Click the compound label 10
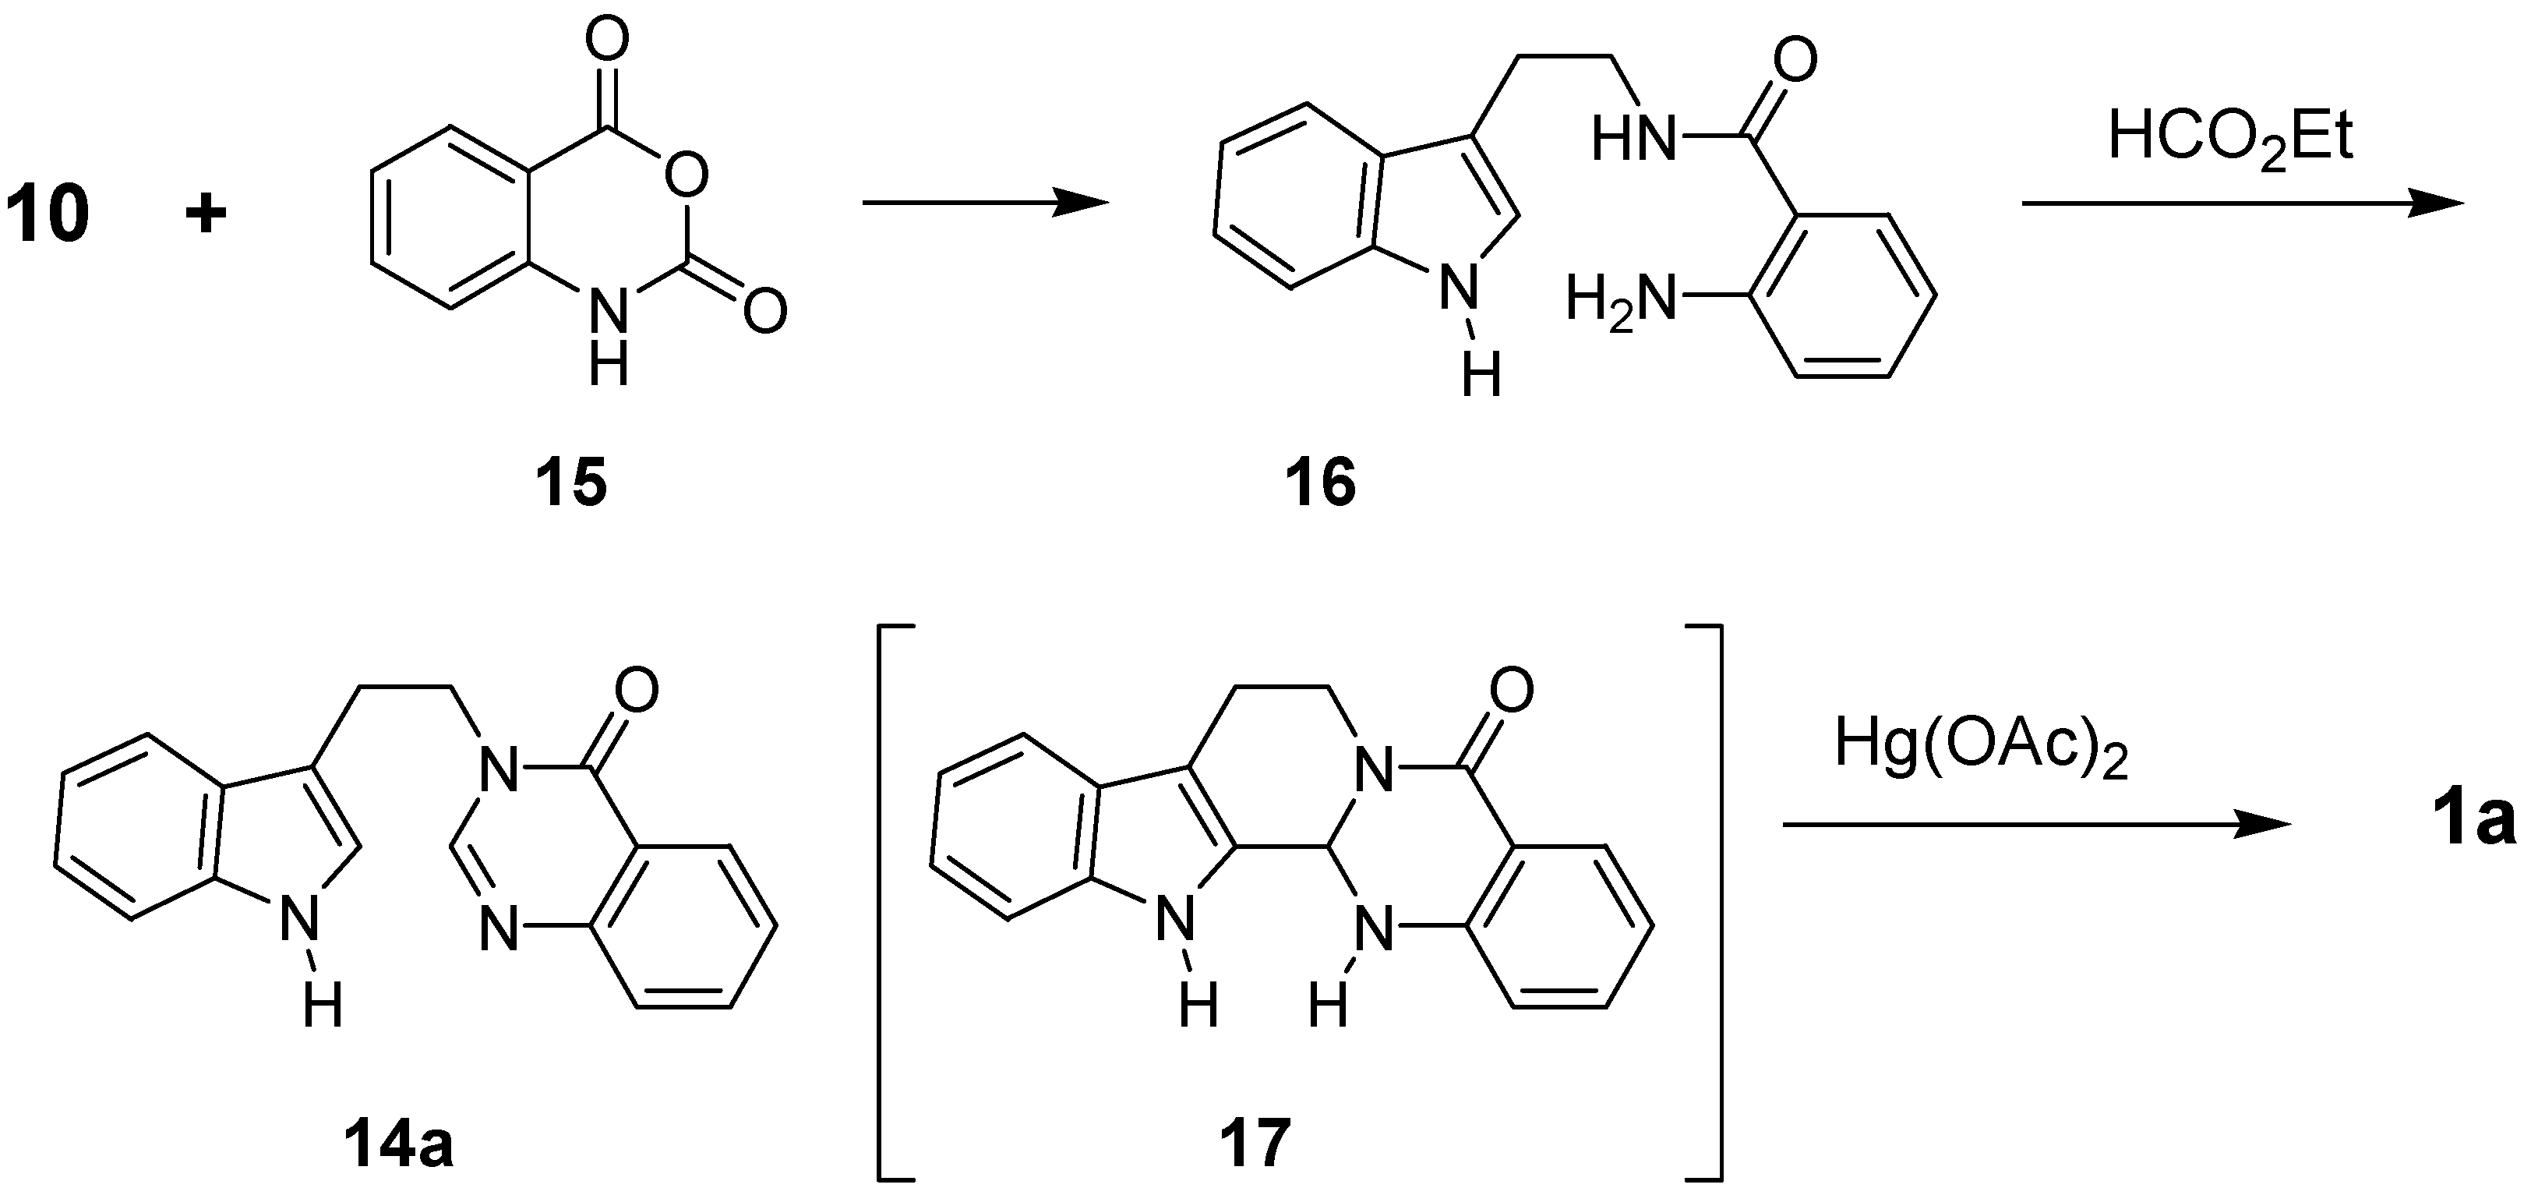(x=48, y=215)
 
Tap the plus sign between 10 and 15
(x=207, y=214)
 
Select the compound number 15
(x=571, y=483)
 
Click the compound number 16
(x=1321, y=483)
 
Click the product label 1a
(x=2476, y=822)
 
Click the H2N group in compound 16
(x=1619, y=298)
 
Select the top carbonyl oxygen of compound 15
(x=606, y=43)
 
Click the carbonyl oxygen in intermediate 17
(x=1510, y=690)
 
